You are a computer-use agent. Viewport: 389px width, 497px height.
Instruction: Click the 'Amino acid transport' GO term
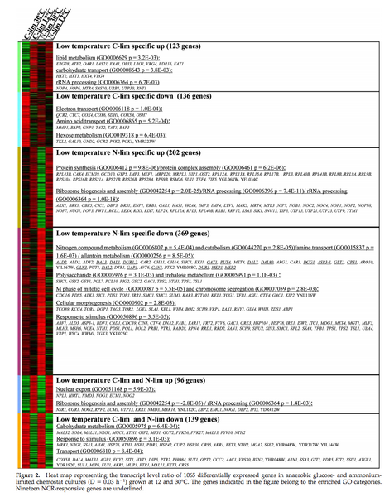103,120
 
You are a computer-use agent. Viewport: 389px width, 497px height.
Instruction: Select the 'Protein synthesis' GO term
99,167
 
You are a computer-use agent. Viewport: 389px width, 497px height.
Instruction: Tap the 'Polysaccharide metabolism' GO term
108,273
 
